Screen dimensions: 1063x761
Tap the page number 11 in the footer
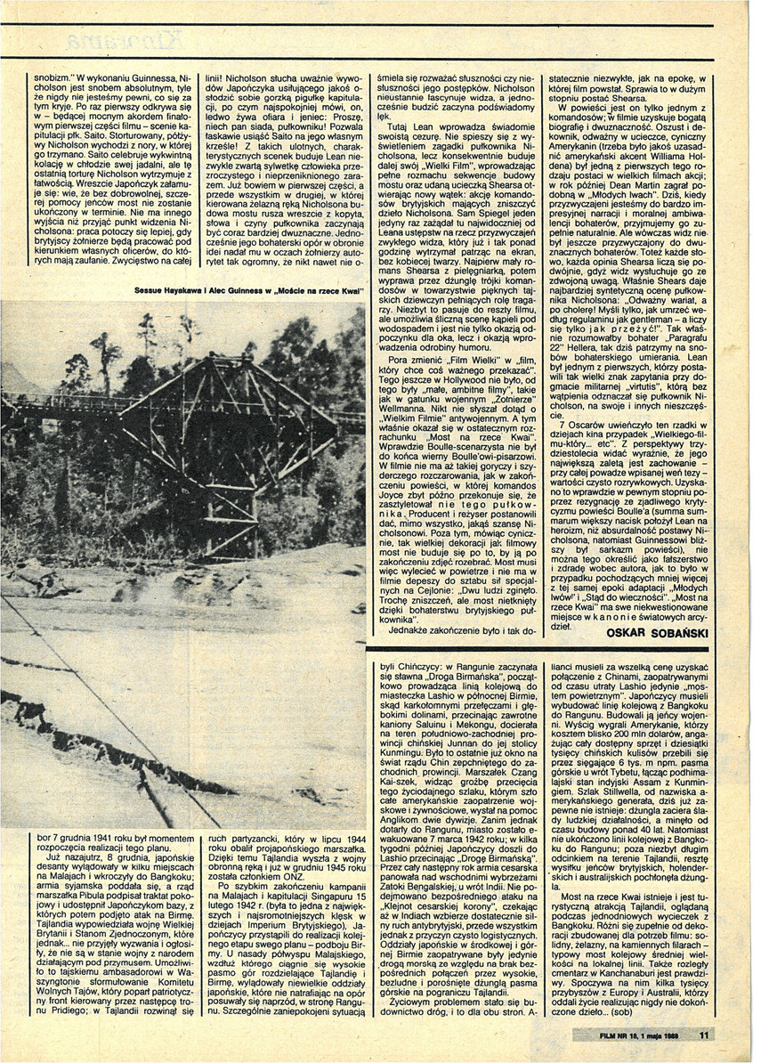tap(702, 1035)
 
